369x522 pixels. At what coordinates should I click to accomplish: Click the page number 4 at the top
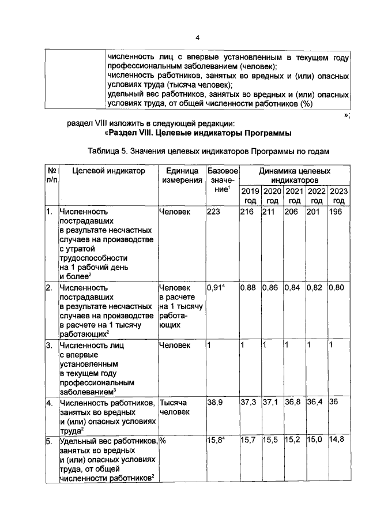click(197, 38)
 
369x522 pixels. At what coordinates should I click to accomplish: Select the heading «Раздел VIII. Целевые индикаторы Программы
click(198, 133)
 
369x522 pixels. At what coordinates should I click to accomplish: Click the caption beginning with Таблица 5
click(209, 152)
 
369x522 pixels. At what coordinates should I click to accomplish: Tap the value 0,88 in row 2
click(248, 287)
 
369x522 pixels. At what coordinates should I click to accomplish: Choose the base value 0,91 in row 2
click(216, 287)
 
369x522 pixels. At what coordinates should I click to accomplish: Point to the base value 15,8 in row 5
click(216, 441)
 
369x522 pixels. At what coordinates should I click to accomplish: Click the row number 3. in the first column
click(50, 345)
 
